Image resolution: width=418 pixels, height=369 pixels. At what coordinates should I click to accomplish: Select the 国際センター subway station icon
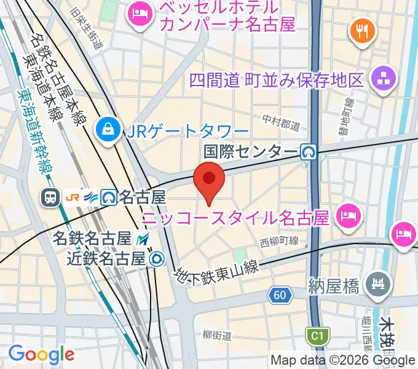coord(308,151)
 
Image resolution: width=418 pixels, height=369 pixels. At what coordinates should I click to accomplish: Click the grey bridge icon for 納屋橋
coord(377,284)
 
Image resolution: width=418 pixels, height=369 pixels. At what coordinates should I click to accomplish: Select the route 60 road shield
coord(280,296)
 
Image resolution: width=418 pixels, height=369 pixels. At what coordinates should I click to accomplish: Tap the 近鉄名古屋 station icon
coord(157,259)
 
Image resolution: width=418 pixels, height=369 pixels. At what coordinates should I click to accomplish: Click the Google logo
coord(41,354)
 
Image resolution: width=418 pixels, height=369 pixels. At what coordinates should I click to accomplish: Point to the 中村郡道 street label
coord(280,122)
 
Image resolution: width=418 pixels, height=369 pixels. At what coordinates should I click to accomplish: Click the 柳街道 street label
coord(217,335)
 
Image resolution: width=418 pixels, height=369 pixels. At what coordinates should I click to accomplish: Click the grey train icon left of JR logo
coord(49,197)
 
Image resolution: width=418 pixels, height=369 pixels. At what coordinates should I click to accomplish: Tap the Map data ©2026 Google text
coord(343,360)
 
